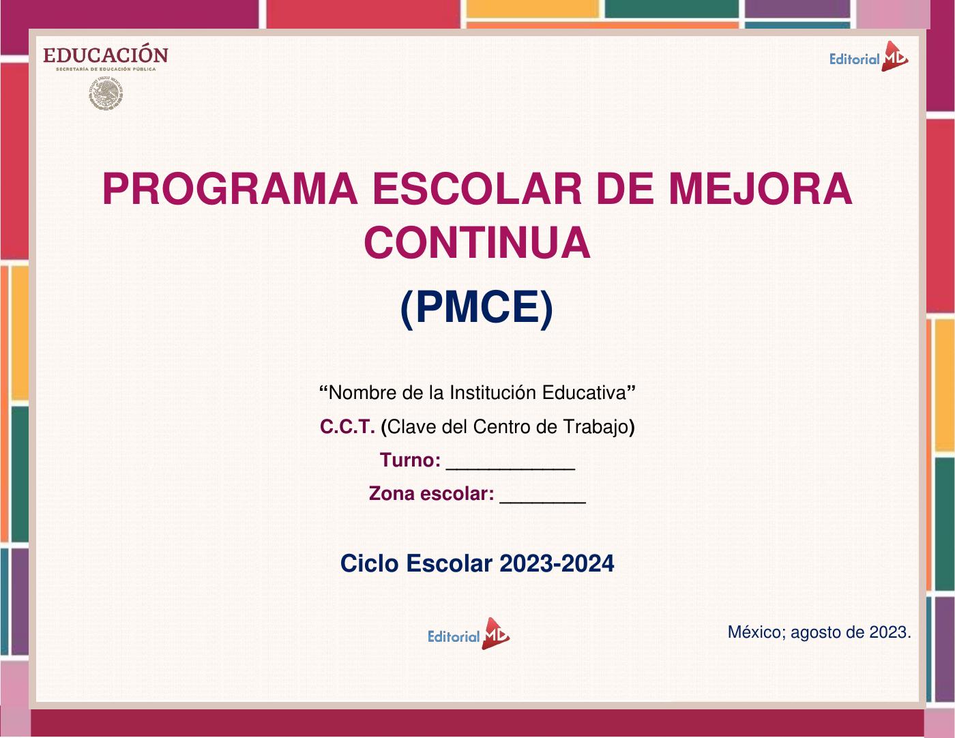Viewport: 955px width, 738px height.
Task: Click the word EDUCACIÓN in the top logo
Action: (106, 55)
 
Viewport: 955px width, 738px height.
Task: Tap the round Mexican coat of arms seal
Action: (106, 93)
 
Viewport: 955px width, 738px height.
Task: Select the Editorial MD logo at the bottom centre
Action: (469, 634)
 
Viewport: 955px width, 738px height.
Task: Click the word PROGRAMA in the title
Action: (230, 188)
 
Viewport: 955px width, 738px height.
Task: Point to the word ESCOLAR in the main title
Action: (477, 188)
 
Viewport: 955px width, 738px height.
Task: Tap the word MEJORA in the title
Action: (761, 188)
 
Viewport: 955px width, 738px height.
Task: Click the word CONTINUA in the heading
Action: (477, 243)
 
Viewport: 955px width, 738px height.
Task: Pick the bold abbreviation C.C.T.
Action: (347, 426)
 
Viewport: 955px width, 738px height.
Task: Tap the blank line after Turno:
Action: (511, 469)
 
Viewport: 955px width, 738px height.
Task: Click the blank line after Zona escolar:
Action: (543, 503)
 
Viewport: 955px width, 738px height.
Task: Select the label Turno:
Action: (410, 460)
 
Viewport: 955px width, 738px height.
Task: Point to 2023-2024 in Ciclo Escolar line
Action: (557, 563)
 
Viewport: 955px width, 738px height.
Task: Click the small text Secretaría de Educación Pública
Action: (106, 70)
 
